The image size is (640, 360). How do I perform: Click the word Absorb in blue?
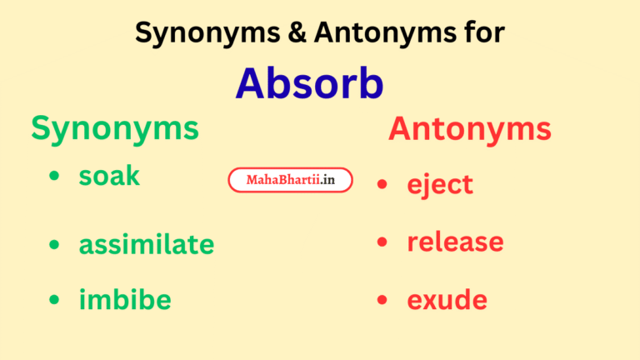point(309,84)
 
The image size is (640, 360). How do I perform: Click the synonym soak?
point(109,176)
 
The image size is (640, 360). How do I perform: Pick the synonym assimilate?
point(147,244)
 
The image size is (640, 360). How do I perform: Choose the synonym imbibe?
point(125,300)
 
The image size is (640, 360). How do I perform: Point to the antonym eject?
point(440,184)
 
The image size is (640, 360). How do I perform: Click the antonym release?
point(455,242)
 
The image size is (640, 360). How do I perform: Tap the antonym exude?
point(447,299)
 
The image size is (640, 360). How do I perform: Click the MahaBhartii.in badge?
point(290,180)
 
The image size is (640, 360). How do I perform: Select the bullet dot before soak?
point(55,177)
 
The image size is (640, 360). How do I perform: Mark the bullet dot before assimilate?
point(55,245)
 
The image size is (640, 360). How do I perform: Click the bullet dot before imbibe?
point(55,300)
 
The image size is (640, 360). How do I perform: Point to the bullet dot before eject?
point(382,184)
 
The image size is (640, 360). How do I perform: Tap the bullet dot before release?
point(382,242)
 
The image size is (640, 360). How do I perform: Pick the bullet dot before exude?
point(382,300)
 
